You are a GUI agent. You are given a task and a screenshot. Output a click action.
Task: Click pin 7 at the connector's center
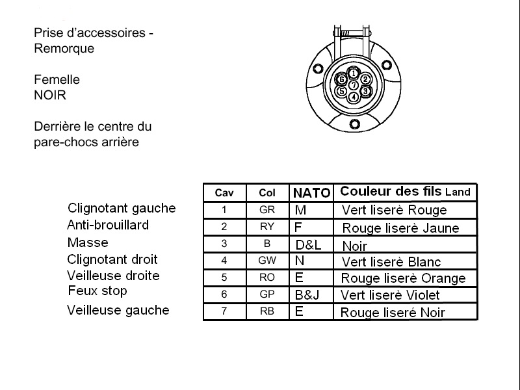click(354, 85)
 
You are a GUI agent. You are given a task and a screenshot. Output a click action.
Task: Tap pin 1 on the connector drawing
click(354, 73)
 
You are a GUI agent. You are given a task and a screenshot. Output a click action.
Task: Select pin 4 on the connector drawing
click(354, 97)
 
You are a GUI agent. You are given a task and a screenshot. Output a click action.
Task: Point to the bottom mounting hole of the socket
click(354, 124)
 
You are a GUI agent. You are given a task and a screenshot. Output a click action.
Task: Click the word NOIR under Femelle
click(50, 96)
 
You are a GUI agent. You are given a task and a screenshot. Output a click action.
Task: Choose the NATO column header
click(311, 193)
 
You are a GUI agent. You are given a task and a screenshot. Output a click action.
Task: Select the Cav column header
click(224, 193)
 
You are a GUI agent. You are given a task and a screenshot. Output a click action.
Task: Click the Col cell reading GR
click(267, 210)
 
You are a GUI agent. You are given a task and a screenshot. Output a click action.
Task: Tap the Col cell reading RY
click(267, 227)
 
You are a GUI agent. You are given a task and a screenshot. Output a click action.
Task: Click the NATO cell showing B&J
click(307, 294)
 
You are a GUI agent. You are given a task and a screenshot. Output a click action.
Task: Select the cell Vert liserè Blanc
click(391, 262)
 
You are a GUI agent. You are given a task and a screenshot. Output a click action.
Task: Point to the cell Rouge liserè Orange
click(403, 278)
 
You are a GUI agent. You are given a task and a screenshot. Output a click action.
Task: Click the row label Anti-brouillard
click(108, 225)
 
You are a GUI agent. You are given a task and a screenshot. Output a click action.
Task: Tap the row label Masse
click(88, 242)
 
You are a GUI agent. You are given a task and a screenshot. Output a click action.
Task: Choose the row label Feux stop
click(97, 291)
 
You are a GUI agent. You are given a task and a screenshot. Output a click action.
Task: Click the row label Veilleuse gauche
click(118, 310)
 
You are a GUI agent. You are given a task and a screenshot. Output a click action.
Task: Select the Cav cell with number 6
click(224, 294)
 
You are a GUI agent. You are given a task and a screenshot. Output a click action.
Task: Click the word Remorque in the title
click(64, 48)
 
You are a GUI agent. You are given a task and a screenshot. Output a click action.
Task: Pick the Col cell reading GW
click(267, 261)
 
